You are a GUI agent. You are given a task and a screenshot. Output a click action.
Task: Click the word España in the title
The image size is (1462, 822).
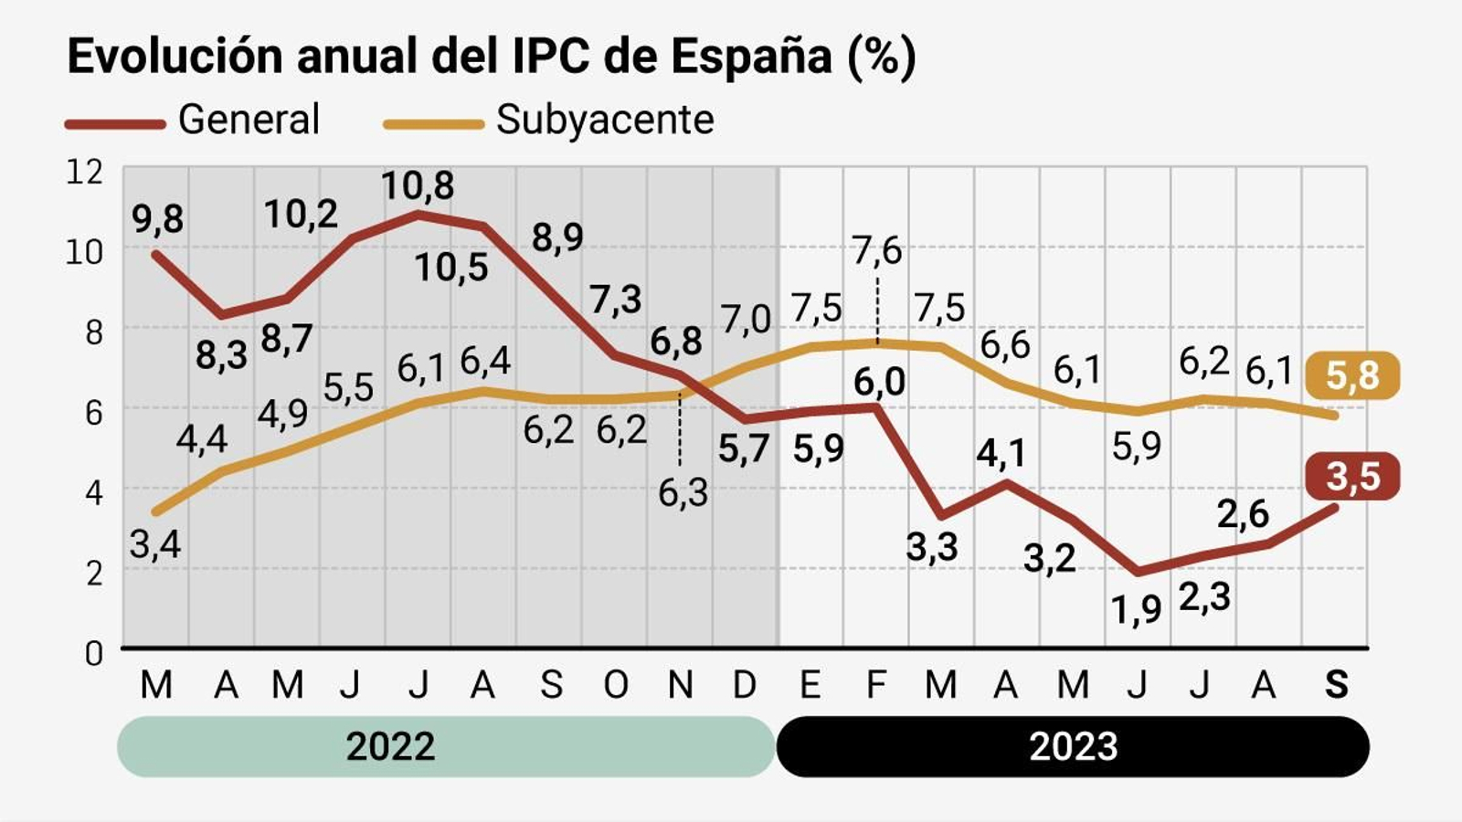tap(751, 57)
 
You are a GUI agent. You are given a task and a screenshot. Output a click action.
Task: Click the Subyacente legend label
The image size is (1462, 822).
tap(605, 120)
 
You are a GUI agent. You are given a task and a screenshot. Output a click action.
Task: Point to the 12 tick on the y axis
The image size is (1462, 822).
tap(84, 172)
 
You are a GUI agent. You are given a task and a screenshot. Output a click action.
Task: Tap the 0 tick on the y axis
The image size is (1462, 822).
tap(93, 653)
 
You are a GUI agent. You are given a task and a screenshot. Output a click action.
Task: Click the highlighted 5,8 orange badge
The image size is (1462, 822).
tap(1351, 374)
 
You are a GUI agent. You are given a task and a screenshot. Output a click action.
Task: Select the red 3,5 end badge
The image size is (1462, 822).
tap(1352, 476)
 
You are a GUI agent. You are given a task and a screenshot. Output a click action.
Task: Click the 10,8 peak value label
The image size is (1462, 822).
tap(417, 185)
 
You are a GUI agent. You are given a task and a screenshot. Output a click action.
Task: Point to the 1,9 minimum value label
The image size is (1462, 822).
tap(1136, 609)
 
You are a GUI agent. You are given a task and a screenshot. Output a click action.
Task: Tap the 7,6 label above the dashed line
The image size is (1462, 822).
tap(876, 250)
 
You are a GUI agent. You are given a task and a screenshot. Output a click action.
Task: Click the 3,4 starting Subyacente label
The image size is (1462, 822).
tap(155, 544)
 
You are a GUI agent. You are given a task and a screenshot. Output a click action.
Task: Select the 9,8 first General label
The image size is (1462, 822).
tap(157, 219)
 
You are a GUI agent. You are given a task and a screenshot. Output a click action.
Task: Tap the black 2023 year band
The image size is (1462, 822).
tap(1073, 746)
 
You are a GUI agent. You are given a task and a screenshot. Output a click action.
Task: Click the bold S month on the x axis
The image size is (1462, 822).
tap(1336, 684)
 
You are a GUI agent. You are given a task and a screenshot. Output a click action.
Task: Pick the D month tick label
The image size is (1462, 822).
tap(745, 684)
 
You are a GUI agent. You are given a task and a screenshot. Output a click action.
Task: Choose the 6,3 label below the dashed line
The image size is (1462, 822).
tap(683, 493)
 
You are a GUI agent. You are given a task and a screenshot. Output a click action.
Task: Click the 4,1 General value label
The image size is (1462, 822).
tap(1001, 453)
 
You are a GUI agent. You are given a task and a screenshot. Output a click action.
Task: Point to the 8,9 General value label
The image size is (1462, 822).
tap(557, 237)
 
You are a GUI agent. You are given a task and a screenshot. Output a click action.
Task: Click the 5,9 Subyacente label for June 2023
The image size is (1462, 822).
tap(1136, 446)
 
